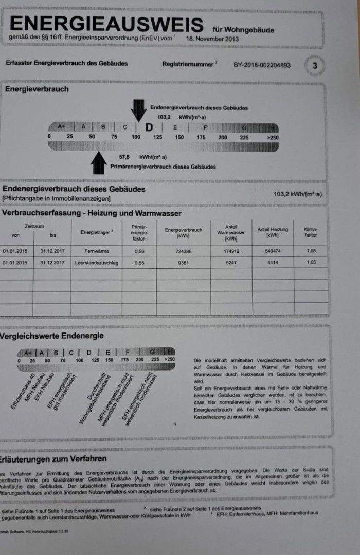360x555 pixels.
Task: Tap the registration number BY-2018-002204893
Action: [262, 65]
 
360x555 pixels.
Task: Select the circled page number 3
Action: [315, 66]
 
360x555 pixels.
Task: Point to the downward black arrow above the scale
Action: [138, 109]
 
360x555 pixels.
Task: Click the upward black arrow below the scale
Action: [98, 163]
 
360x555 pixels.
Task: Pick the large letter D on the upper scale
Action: [149, 127]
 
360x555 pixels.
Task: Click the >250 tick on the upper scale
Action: [273, 137]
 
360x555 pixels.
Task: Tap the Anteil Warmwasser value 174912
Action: [231, 251]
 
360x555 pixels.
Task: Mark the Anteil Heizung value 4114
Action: [272, 262]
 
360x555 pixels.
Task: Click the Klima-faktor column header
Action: [311, 232]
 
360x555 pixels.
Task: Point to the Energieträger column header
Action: [96, 232]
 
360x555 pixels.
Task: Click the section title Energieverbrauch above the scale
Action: [37, 89]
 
